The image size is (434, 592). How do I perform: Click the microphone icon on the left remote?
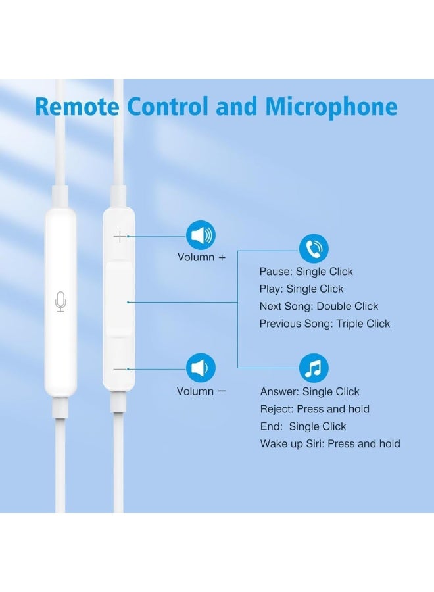(x=60, y=303)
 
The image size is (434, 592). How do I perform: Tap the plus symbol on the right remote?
(x=119, y=236)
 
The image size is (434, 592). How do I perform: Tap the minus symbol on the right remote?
(x=119, y=369)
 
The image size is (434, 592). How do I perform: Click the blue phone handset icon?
(x=314, y=249)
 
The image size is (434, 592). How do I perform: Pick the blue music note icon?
(x=314, y=368)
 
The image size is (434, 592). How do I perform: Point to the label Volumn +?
(x=201, y=257)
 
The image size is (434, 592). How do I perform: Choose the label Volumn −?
(x=201, y=391)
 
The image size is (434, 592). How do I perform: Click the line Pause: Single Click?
(x=306, y=272)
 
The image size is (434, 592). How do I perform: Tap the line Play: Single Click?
(x=301, y=289)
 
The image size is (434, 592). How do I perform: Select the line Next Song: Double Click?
(x=318, y=307)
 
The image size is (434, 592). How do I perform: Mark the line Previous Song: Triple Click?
(x=324, y=324)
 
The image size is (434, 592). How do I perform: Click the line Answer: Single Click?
(x=310, y=392)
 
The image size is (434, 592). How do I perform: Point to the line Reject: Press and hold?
(x=314, y=409)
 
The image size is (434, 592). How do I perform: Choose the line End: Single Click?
(x=303, y=426)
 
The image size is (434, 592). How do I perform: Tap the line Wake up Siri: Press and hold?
(x=330, y=444)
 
